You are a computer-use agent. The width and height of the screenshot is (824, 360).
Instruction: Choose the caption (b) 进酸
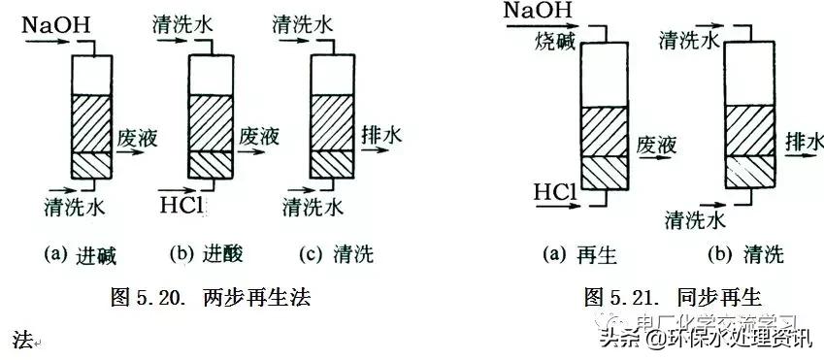tap(205, 256)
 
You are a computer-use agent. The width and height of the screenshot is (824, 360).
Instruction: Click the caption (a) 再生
tap(579, 256)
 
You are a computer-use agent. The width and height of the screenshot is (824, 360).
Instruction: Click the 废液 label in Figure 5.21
tap(655, 147)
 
